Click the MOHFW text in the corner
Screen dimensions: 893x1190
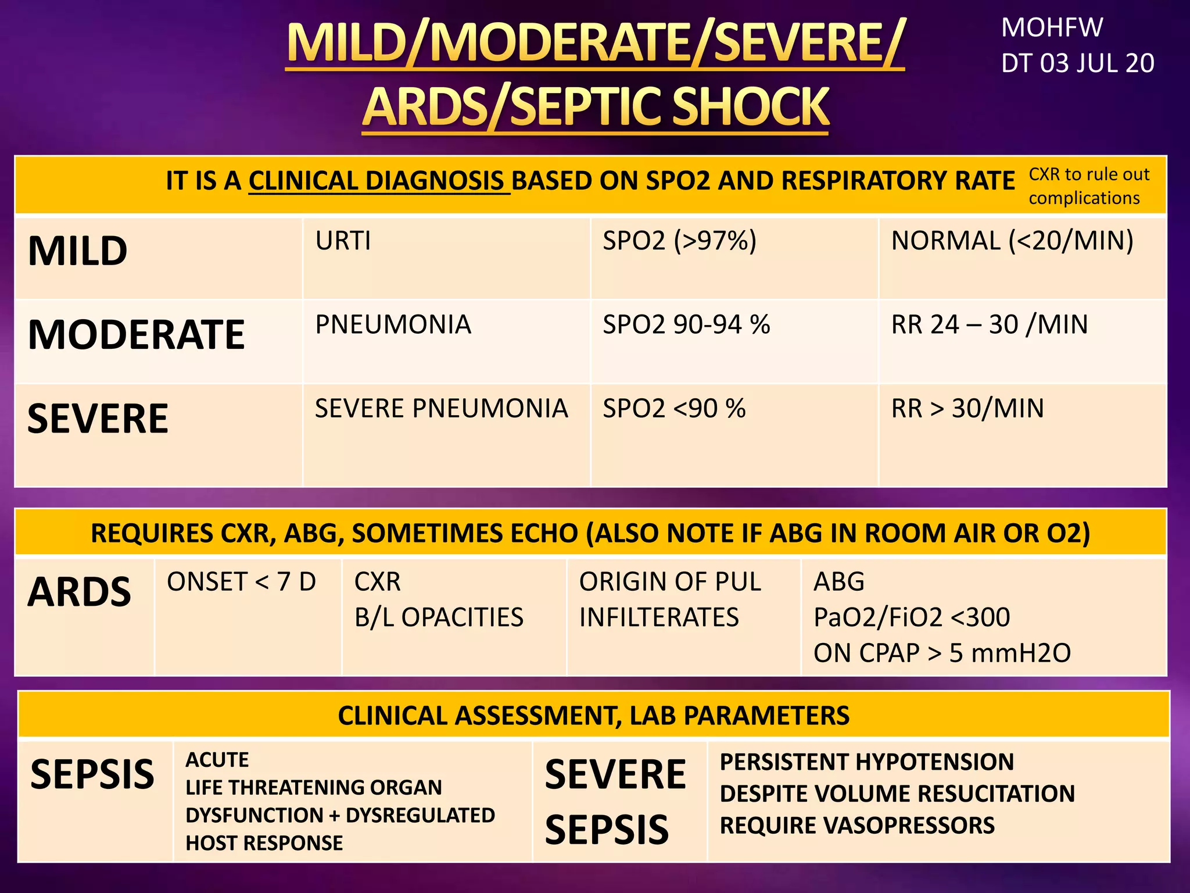[x=1052, y=28]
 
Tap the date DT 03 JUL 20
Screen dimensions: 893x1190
[x=1077, y=63]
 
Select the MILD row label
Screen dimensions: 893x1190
[x=78, y=251]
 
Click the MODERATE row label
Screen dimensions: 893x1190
[x=137, y=335]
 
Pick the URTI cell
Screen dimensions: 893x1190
[x=343, y=241]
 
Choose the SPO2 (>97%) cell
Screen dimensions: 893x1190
[x=679, y=241]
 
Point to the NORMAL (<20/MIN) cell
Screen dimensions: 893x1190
[x=1012, y=241]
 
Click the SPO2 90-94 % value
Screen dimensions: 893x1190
[x=686, y=325]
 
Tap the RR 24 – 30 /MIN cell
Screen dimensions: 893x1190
[x=990, y=325]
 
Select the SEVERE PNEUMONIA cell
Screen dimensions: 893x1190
[x=441, y=409]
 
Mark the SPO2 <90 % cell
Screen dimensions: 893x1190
[x=674, y=409]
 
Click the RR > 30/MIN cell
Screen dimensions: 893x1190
[x=967, y=409]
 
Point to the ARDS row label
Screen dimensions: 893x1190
[x=80, y=592]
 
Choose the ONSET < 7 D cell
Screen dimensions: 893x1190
[x=241, y=582]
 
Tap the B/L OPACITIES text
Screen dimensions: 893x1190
[x=439, y=617]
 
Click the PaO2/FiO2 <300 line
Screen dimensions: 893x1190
[x=912, y=617]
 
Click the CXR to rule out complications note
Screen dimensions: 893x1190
[x=1088, y=186]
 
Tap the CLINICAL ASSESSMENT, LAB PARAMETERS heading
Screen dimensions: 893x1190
[x=593, y=716]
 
